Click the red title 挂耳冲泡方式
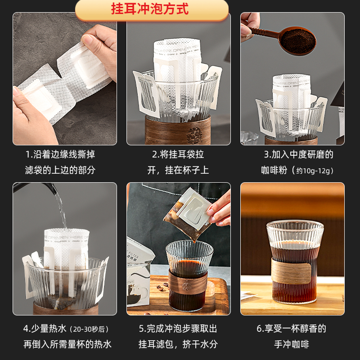coord(150,9)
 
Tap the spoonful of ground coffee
coord(298,41)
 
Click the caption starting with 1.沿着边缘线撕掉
coord(60,154)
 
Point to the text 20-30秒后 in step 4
coord(89,329)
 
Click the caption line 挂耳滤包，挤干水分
coord(178,344)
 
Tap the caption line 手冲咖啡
coord(292,344)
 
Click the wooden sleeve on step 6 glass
coord(291,270)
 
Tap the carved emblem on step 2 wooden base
coord(194,135)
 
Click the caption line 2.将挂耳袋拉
coord(178,154)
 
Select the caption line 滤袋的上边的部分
coord(60,170)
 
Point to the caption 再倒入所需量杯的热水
coord(67,344)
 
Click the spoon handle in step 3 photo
coord(264,31)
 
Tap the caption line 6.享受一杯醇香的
coord(291,328)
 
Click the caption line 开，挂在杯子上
coord(178,170)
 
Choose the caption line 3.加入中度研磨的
coord(298,154)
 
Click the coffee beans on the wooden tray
coord(162,287)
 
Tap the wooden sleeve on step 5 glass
coord(188,283)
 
